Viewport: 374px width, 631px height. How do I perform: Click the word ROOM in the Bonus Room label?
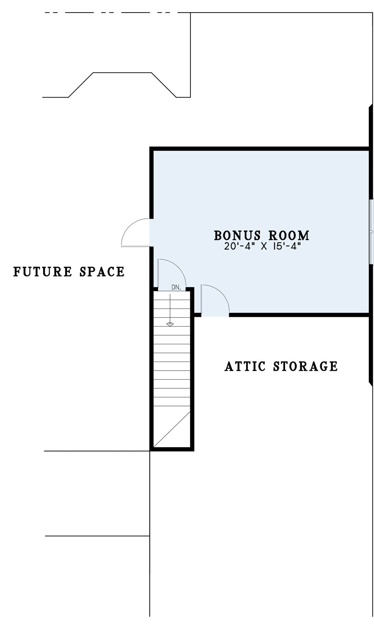[289, 236]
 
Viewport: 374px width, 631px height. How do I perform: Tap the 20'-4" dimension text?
[239, 247]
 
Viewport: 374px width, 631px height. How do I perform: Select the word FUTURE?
[43, 272]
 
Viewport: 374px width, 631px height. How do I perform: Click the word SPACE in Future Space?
[102, 272]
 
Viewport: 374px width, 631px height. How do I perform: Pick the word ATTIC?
[245, 367]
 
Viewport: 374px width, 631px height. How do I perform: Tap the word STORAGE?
[305, 367]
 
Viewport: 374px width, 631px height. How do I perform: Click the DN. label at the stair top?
[176, 288]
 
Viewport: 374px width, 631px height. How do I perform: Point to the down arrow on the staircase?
[170, 310]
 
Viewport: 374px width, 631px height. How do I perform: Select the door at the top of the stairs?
[172, 274]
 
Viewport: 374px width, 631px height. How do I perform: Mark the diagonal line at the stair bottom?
[172, 430]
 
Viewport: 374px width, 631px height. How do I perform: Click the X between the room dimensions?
[263, 247]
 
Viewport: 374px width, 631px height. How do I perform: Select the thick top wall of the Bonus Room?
[259, 149]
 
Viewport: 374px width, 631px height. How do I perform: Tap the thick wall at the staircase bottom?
[172, 449]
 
